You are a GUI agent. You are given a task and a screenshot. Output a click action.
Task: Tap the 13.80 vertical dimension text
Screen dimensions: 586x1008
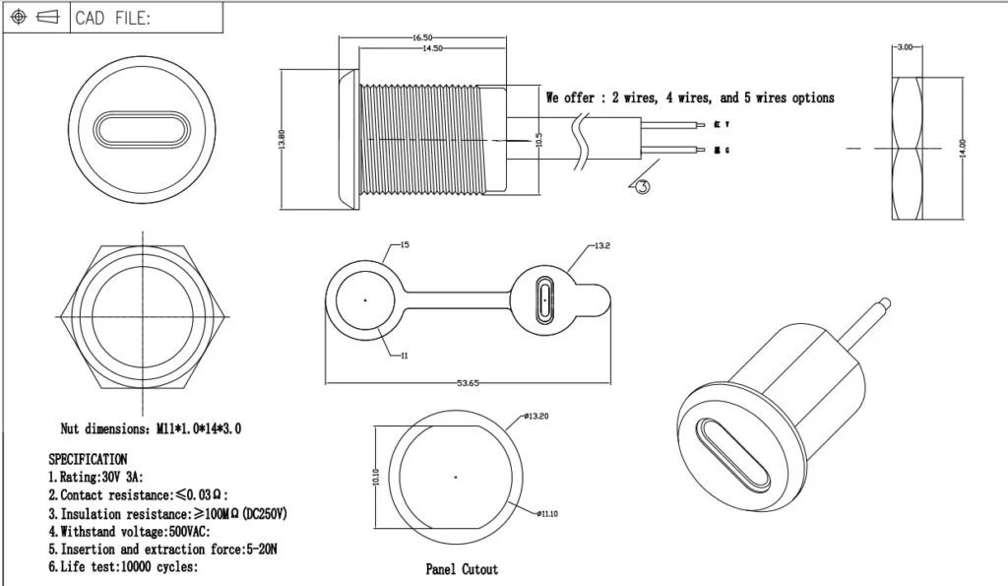pyautogui.click(x=283, y=140)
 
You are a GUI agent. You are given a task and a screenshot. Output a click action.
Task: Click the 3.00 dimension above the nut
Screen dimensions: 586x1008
pyautogui.click(x=905, y=46)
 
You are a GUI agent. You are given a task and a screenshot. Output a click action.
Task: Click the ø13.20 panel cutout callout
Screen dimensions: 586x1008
pyautogui.click(x=536, y=417)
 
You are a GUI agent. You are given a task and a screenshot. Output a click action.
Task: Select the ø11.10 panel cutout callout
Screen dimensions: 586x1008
pyautogui.click(x=549, y=513)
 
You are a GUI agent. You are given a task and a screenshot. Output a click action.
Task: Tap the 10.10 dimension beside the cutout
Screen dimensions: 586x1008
pyautogui.click(x=376, y=477)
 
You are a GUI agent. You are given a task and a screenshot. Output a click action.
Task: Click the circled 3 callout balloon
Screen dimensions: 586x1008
pyautogui.click(x=642, y=186)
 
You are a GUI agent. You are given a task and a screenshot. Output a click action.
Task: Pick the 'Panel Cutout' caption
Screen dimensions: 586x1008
pyautogui.click(x=462, y=569)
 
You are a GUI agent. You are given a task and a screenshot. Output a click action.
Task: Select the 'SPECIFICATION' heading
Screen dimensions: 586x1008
pyautogui.click(x=88, y=459)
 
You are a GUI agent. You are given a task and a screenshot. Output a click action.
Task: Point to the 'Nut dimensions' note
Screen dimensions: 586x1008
pyautogui.click(x=151, y=428)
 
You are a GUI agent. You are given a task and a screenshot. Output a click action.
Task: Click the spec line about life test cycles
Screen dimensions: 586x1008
pyautogui.click(x=123, y=566)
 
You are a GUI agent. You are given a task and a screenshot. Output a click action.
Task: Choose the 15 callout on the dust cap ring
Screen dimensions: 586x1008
pyautogui.click(x=404, y=243)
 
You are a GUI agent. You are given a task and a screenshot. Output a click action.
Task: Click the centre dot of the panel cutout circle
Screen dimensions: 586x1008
pyautogui.click(x=456, y=478)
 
